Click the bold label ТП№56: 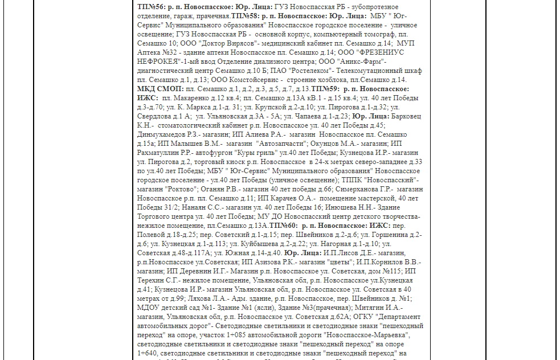coord(150,7)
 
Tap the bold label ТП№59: coord(325,89)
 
